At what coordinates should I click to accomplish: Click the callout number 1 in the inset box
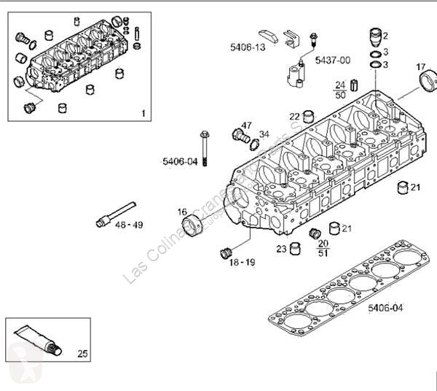pos(143,113)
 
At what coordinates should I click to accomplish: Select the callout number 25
pos(82,354)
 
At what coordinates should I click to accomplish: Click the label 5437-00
pos(332,60)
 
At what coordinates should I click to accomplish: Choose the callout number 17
pos(421,67)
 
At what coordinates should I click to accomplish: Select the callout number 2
pos(386,35)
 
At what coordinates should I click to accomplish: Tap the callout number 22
pos(294,116)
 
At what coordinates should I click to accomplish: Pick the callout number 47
pos(247,125)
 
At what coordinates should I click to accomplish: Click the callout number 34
pos(264,134)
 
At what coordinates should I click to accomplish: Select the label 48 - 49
pos(129,225)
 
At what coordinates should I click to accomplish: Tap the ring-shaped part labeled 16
pos(194,225)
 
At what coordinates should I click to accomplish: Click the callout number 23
pos(281,249)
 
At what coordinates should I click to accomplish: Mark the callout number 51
pos(323,252)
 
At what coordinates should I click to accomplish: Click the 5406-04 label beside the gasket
pos(385,309)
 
